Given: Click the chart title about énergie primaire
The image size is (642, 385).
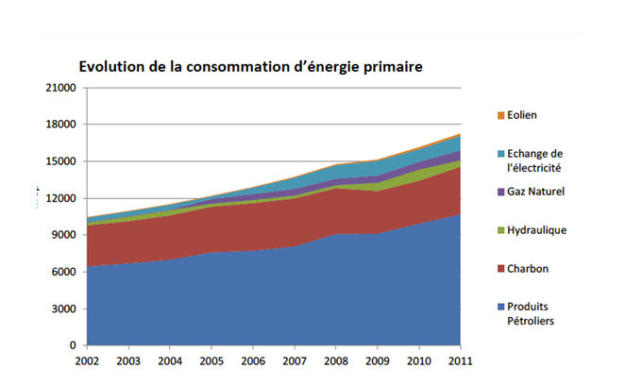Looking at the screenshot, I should pyautogui.click(x=249, y=67).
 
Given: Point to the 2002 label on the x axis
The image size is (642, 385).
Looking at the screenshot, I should pyautogui.click(x=87, y=360).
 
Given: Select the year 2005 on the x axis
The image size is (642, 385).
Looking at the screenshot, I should pyautogui.click(x=211, y=360).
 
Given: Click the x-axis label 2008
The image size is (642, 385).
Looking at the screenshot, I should pyautogui.click(x=335, y=360).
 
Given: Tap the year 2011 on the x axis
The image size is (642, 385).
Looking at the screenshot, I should pyautogui.click(x=460, y=360).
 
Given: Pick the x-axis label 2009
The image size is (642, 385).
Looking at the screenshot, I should pyautogui.click(x=377, y=360).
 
